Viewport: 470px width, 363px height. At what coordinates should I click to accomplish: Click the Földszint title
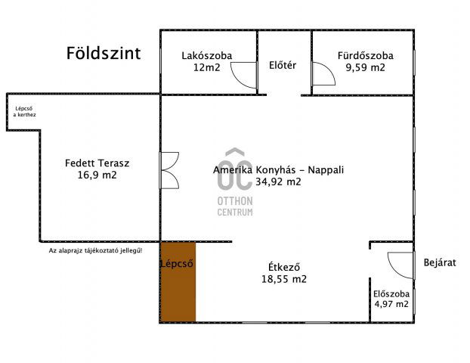point(103,54)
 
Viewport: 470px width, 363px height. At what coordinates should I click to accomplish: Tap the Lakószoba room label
point(206,55)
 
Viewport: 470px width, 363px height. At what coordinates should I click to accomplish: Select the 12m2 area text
point(206,67)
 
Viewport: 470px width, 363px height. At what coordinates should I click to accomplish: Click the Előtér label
point(283,65)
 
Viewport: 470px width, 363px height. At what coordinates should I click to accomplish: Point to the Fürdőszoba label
point(365,55)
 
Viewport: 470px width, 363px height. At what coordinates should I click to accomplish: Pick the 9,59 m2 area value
point(365,67)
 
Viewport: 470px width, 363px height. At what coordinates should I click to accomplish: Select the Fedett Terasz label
point(97,163)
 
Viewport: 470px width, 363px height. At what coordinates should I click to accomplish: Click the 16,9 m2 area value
point(97,175)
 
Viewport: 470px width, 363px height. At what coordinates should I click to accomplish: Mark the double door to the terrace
point(170,169)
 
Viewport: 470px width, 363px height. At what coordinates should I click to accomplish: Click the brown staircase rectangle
point(178,282)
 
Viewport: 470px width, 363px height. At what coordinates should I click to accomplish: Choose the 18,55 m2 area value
point(284,278)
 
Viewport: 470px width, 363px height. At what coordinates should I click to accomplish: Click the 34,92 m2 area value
point(278,181)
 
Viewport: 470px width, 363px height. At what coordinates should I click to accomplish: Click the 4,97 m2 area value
point(391,304)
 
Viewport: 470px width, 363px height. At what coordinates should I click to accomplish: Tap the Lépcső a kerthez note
point(25,111)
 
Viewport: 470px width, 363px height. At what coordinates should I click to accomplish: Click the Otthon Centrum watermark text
point(234,206)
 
